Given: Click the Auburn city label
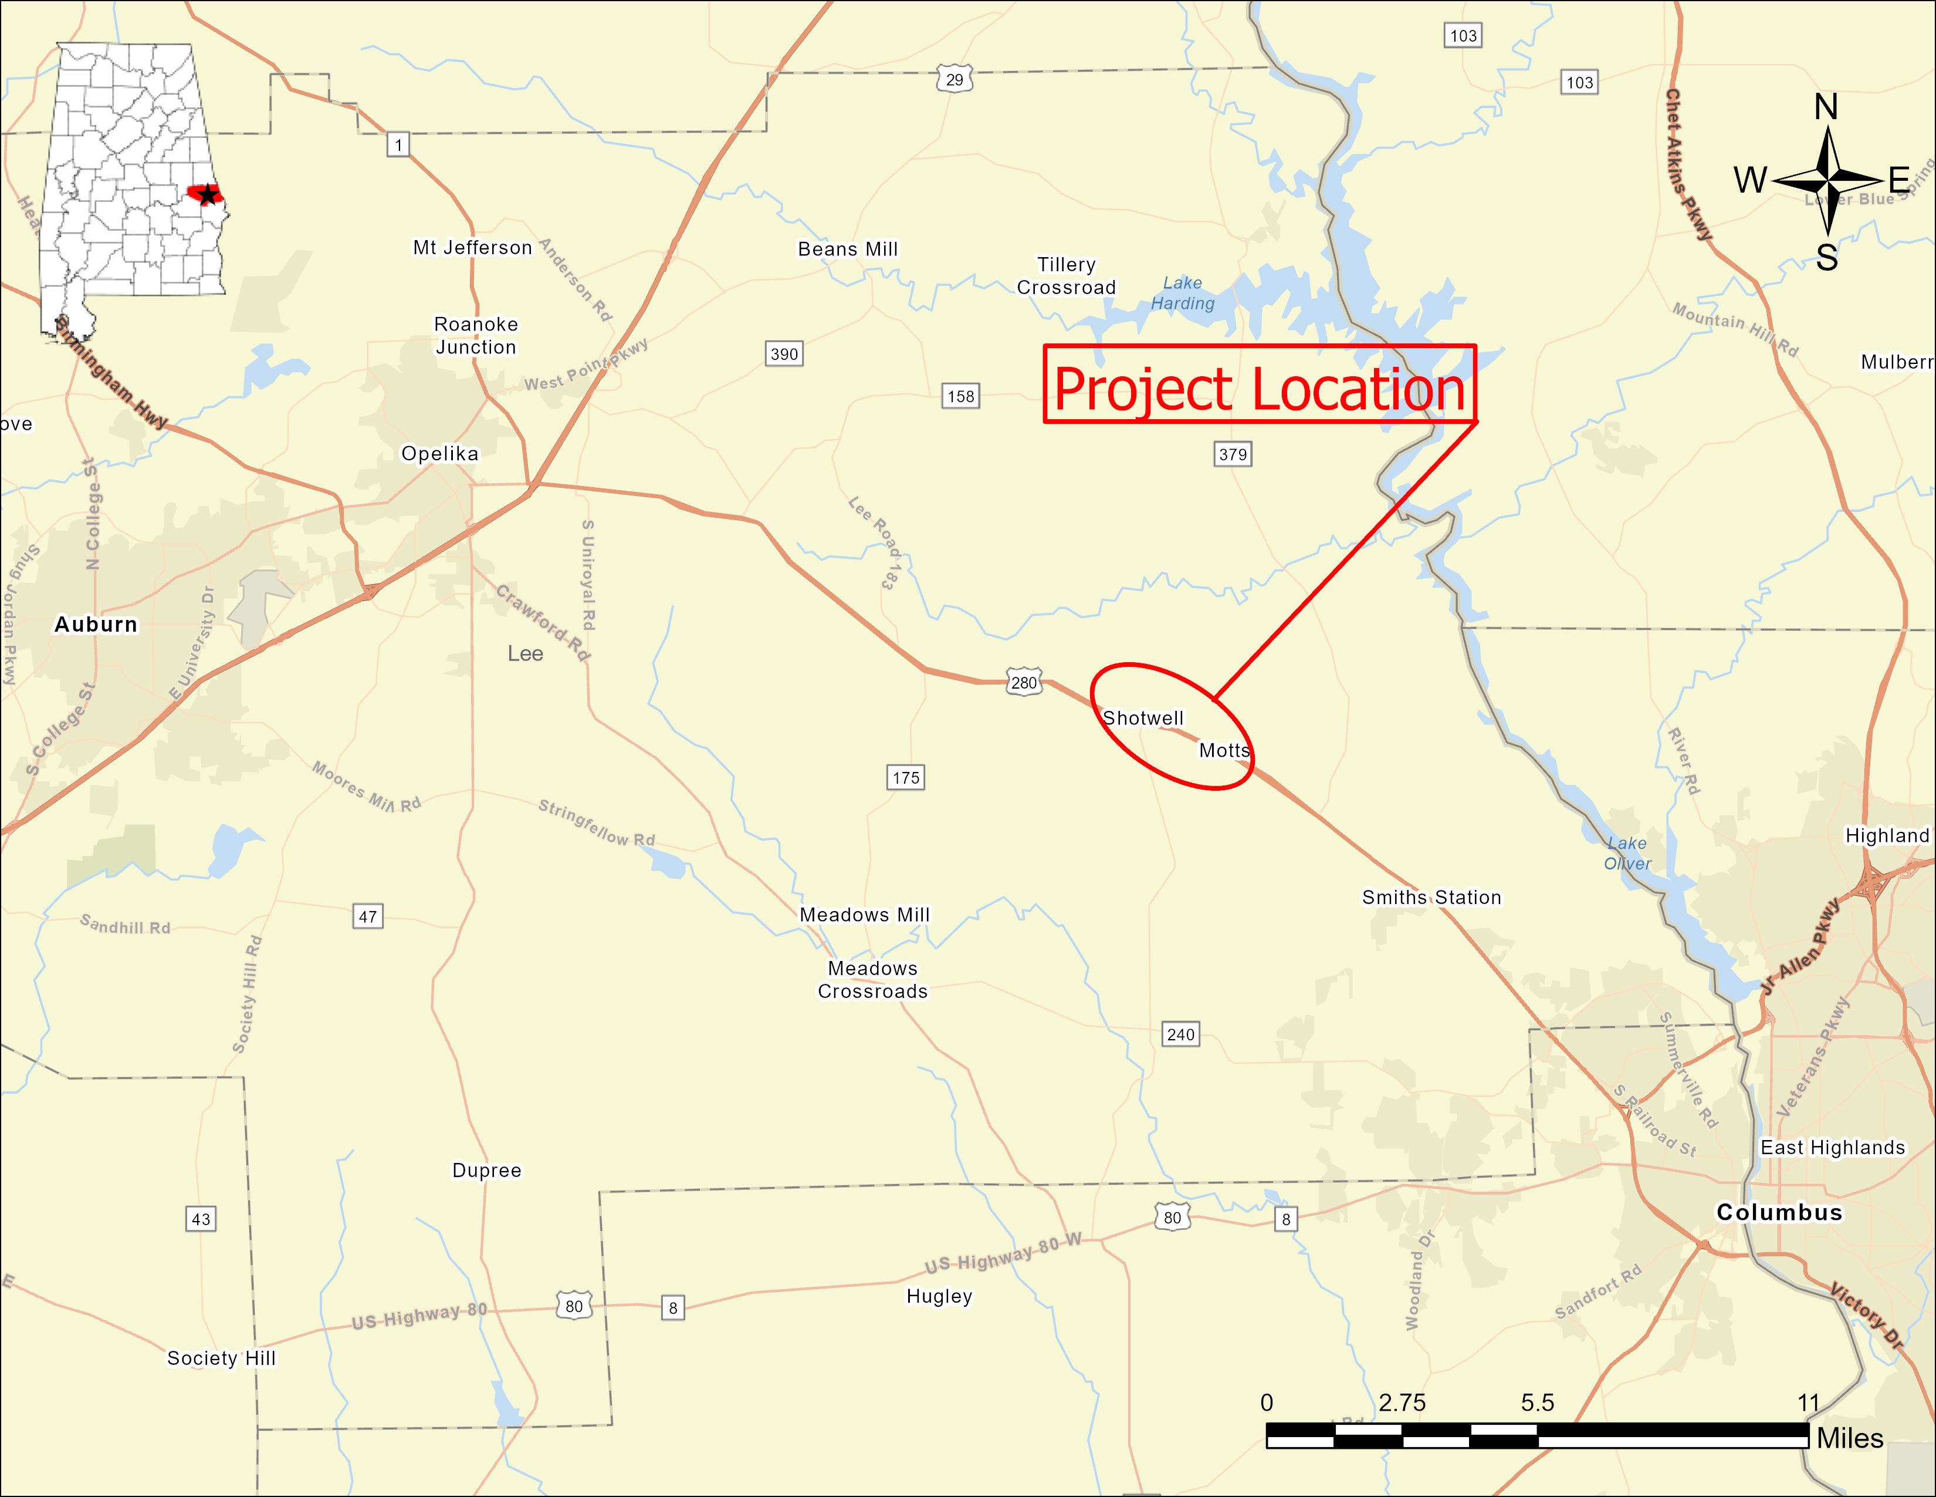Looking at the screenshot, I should (96, 625).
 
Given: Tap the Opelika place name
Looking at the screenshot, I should (439, 453).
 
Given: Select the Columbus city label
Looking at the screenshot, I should (1779, 1212).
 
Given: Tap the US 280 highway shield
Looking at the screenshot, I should (1024, 682).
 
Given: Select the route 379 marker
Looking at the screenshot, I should (1232, 454).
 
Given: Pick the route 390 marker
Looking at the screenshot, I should (784, 354).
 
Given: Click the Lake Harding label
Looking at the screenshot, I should (1183, 293).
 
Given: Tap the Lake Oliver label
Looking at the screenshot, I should (1627, 853).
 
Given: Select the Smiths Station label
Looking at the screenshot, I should (1431, 898).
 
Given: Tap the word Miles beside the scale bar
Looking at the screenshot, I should (1850, 1438).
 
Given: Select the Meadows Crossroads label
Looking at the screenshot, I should (872, 980).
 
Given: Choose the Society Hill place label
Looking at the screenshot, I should (222, 1358).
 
